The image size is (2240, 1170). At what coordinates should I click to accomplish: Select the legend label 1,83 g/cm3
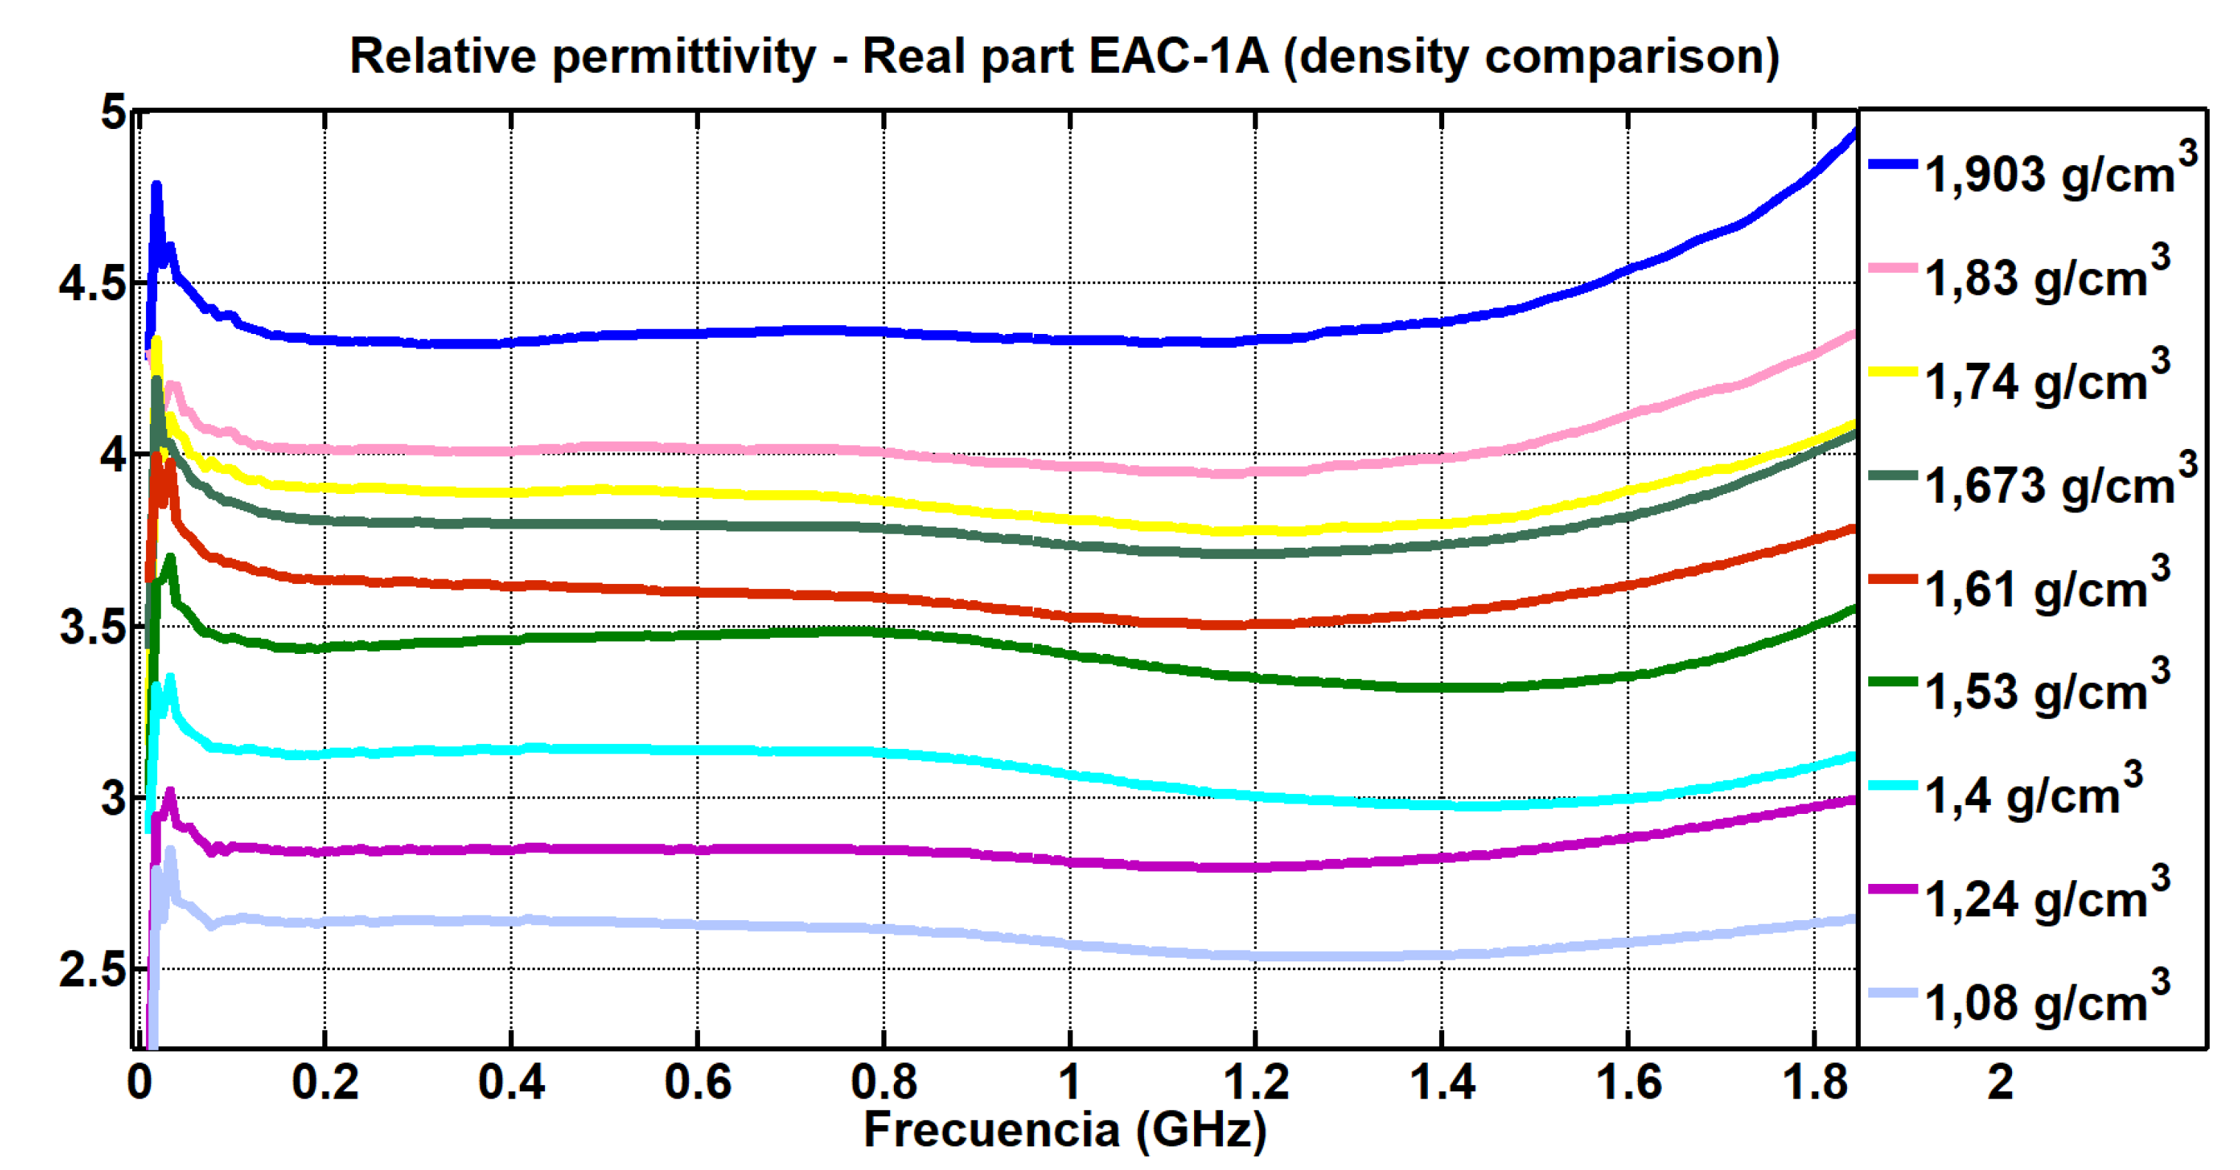pyautogui.click(x=2044, y=276)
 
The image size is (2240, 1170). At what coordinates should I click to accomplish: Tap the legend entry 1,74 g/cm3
pyautogui.click(x=2044, y=380)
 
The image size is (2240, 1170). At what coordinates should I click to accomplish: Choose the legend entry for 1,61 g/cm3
pyautogui.click(x=2044, y=588)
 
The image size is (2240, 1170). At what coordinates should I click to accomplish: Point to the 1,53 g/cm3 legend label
pyautogui.click(x=2044, y=690)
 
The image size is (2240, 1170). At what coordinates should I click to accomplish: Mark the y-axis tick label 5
pyautogui.click(x=113, y=112)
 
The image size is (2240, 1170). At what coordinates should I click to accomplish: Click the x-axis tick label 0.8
pyautogui.click(x=884, y=1082)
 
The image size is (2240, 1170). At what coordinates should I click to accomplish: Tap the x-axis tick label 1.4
pyautogui.click(x=1442, y=1082)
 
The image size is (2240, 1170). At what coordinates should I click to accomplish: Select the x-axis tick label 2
pyautogui.click(x=2000, y=1082)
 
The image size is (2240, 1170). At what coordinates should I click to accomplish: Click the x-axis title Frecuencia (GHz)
pyautogui.click(x=1064, y=1130)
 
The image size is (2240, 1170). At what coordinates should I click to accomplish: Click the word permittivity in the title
pyautogui.click(x=684, y=57)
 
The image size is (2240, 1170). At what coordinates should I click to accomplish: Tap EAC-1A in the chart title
pyautogui.click(x=1178, y=57)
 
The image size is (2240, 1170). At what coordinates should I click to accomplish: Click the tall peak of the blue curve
pyautogui.click(x=156, y=185)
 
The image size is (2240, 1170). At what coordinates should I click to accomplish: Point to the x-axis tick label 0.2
pyautogui.click(x=325, y=1082)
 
